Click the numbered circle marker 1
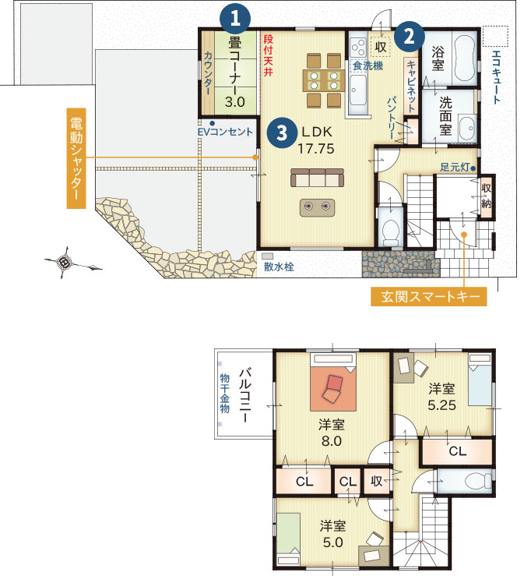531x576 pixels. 235,18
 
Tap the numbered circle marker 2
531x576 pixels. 410,37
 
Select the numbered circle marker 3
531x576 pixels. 282,133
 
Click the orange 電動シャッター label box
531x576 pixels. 76,158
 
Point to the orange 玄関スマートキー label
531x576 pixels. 429,296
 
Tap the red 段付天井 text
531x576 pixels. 269,55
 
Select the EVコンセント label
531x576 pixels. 225,132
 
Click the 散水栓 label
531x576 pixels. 279,267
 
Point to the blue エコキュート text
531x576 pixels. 496,76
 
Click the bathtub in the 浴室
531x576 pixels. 465,58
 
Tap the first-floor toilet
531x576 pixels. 390,233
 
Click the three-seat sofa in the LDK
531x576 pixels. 318,178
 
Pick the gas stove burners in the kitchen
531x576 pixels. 358,48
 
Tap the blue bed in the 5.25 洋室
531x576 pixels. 480,380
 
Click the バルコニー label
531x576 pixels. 245,395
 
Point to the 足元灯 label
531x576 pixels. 455,168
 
